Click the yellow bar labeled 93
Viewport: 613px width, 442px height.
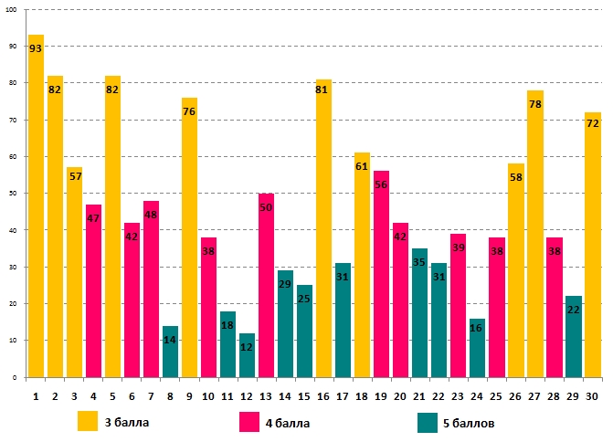coord(37,210)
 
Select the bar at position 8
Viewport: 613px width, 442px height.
coord(171,352)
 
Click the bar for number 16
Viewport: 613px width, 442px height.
coord(324,228)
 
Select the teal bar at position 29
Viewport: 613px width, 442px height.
coord(574,337)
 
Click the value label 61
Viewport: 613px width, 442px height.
coord(362,166)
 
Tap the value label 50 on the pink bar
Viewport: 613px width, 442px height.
coord(267,207)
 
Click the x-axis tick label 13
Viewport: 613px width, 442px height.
coord(267,395)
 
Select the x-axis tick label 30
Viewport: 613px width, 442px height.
coord(593,395)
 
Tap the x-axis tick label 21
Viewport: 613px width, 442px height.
coord(420,395)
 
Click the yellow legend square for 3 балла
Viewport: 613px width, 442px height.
coord(88,421)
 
